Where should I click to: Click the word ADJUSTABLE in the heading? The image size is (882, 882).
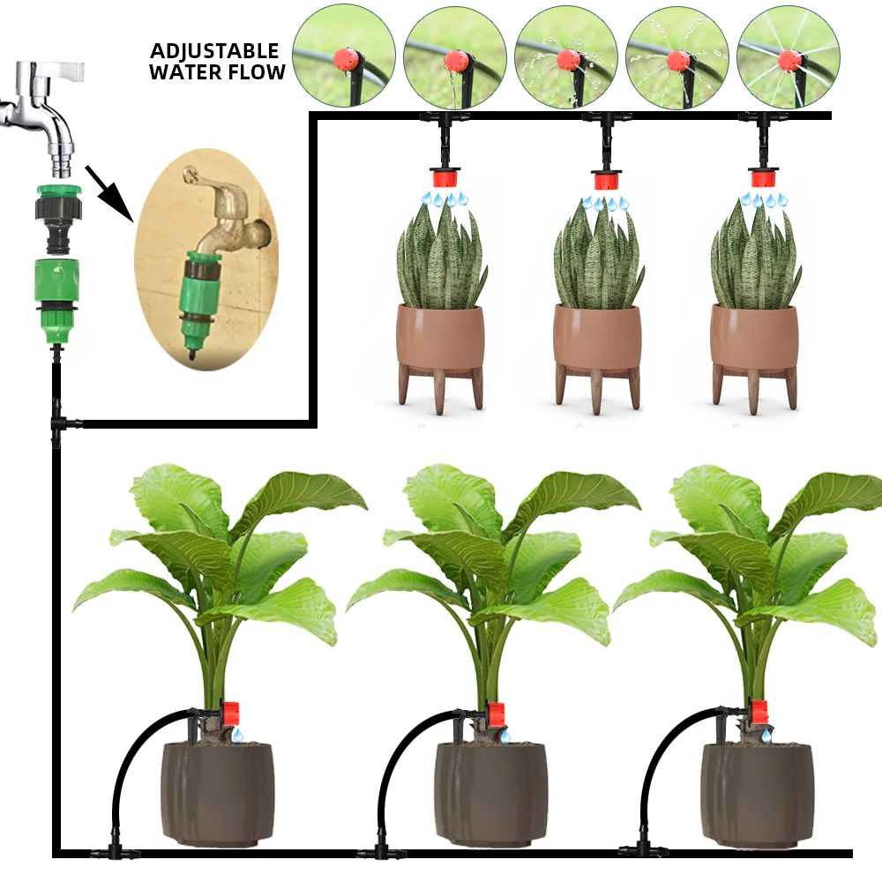pos(214,51)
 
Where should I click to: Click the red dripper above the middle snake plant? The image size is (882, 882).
pos(605,180)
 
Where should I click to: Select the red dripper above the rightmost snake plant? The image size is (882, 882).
pos(763,178)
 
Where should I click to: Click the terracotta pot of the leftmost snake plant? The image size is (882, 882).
pos(440,339)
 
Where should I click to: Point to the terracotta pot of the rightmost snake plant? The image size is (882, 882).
pos(754,339)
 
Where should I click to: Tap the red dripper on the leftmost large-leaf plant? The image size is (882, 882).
pos(231,713)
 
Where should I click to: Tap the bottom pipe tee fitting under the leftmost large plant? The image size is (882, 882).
pos(112,852)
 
